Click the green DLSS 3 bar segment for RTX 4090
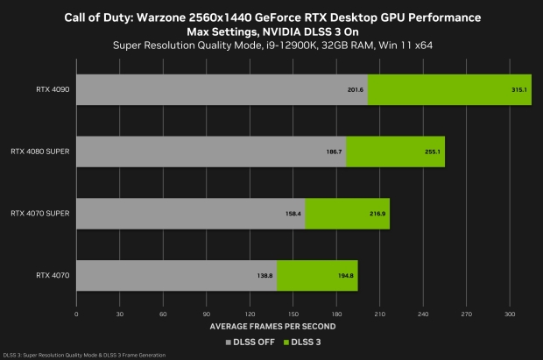click(449, 89)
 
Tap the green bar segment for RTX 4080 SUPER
click(395, 152)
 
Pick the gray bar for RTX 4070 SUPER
click(191, 213)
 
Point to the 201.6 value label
click(356, 89)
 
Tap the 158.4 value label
click(293, 213)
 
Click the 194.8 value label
click(347, 275)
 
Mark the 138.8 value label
click(264, 275)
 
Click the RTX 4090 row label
click(53, 89)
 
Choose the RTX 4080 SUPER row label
click(40, 152)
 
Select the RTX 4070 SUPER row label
click(40, 213)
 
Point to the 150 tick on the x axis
click(293, 313)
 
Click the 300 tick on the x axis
click(509, 313)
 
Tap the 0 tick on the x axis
click(77, 313)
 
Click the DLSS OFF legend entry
click(250, 341)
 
